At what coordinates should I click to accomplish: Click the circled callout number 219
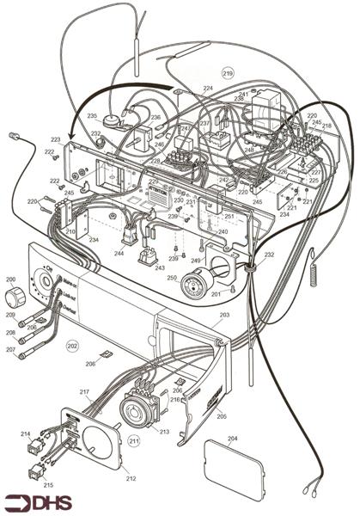(228, 74)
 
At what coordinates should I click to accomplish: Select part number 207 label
(10, 350)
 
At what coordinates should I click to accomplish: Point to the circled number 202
(72, 345)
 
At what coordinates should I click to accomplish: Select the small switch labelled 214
(34, 446)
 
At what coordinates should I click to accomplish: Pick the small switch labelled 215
(35, 471)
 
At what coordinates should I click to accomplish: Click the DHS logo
(39, 502)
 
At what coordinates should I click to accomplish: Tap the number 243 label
(160, 267)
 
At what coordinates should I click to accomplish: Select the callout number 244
(119, 254)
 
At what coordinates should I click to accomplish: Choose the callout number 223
(55, 139)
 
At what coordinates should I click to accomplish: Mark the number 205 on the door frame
(222, 415)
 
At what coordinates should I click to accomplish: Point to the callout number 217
(85, 393)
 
